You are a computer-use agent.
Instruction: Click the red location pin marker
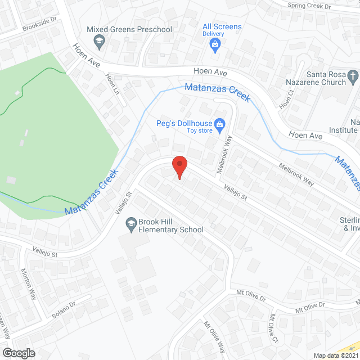pyautogui.click(x=179, y=167)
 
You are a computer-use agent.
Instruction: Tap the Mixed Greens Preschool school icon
pyautogui.click(x=100, y=40)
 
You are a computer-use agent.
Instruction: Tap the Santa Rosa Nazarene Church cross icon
pyautogui.click(x=353, y=75)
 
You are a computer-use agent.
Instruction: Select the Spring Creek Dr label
pyautogui.click(x=309, y=6)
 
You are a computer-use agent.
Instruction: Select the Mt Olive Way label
pyautogui.click(x=214, y=336)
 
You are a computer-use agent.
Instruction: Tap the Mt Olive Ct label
pyautogui.click(x=274, y=328)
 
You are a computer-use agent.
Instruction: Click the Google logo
pyautogui.click(x=19, y=353)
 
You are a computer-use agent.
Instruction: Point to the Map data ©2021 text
pyautogui.click(x=335, y=355)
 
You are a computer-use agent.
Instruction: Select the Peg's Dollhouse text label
pyautogui.click(x=184, y=124)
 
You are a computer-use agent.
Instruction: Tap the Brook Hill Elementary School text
pyautogui.click(x=168, y=226)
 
